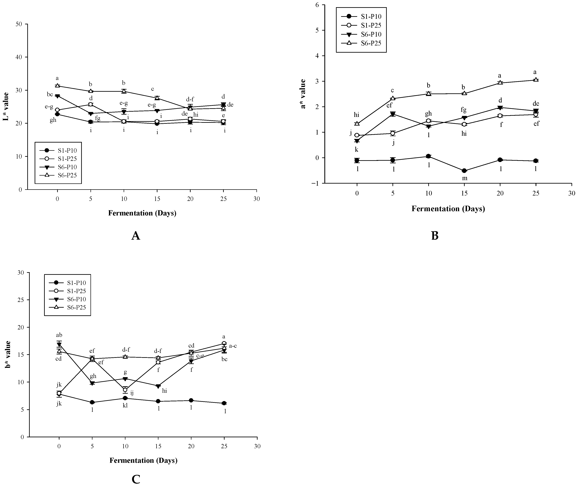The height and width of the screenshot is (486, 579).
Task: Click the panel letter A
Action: (136, 236)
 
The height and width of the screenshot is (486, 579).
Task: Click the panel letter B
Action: (435, 236)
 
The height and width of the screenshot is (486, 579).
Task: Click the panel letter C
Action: (136, 479)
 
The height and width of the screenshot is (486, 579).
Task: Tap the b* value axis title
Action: (8, 355)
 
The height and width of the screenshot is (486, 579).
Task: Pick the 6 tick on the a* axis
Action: (318, 5)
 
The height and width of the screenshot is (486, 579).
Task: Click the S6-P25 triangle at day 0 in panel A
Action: (57, 86)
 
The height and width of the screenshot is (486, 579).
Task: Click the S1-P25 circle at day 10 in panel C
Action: (125, 390)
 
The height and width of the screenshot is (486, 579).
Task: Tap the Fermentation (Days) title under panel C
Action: (143, 460)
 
